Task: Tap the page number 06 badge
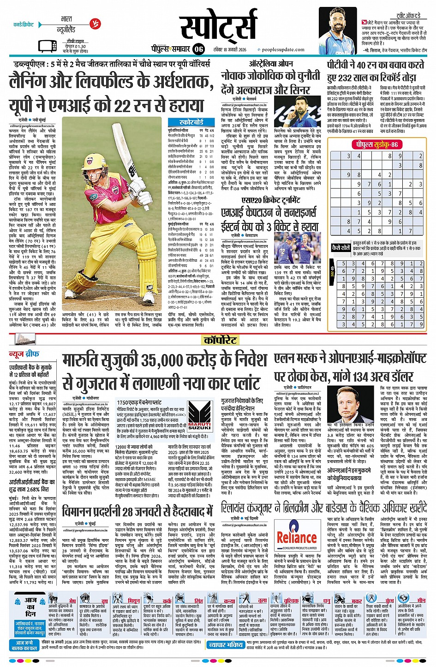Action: (199, 49)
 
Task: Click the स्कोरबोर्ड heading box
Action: (191, 122)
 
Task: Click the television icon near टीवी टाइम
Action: (47, 46)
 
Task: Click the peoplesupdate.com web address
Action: (283, 49)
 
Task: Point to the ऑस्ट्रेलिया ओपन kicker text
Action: (271, 63)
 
